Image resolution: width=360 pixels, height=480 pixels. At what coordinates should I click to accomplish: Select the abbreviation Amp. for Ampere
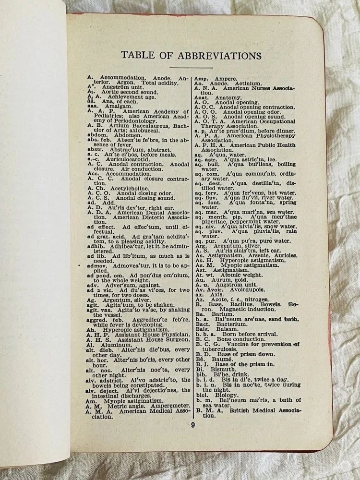[201, 78]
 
